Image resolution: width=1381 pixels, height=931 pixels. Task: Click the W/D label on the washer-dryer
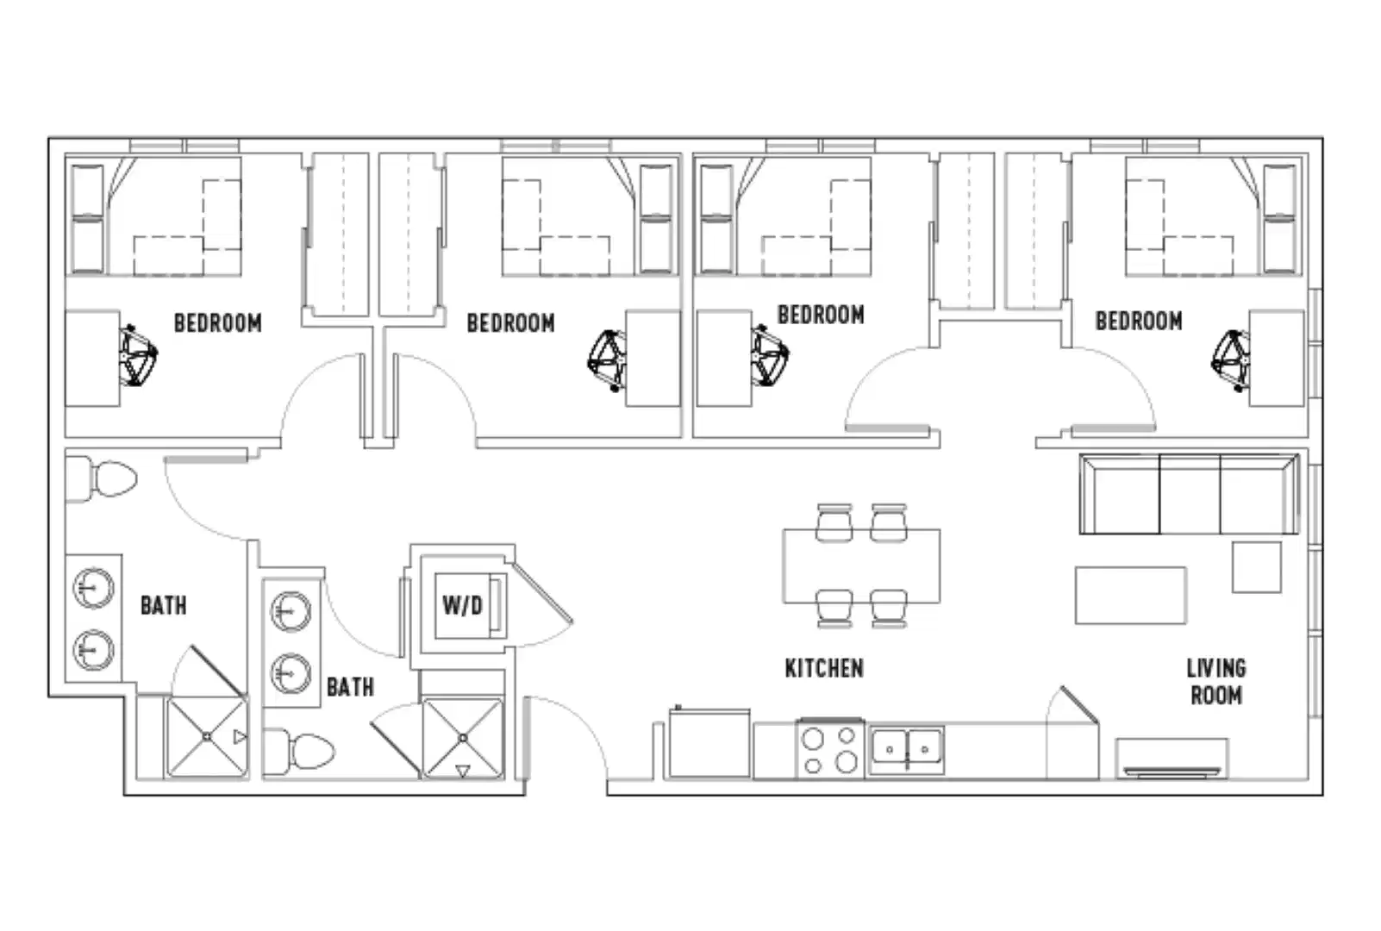coord(462,605)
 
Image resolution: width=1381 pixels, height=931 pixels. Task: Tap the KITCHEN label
coord(823,668)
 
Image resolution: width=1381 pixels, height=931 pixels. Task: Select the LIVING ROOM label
coord(1215,681)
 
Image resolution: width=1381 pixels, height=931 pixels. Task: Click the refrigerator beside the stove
coord(709,743)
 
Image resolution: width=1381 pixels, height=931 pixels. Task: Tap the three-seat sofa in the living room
coord(1189,495)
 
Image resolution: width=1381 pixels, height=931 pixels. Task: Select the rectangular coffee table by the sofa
coord(1130,595)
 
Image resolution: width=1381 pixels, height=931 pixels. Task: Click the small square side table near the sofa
coord(1256,567)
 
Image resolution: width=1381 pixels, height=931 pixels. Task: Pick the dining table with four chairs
coord(860,566)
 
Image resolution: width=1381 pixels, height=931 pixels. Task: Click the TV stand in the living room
coord(1172,758)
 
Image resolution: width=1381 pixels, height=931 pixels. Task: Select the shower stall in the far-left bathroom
coord(207,737)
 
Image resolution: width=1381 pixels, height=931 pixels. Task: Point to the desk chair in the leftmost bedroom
coord(137,354)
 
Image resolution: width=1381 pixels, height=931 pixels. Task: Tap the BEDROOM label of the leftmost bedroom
coord(217,323)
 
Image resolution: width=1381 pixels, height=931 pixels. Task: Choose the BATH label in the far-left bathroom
coord(163,605)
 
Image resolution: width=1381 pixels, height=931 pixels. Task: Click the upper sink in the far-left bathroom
coord(93,590)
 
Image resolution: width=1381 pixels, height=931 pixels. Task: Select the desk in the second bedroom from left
coord(653,358)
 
